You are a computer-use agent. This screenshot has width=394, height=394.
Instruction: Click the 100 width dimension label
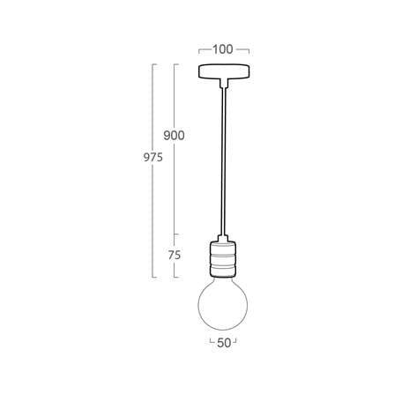pos(223,49)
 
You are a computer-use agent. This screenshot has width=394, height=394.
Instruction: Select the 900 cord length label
pos(174,136)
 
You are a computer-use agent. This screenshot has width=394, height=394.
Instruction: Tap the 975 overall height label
pos(153,158)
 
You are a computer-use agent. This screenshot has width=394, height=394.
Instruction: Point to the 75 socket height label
pos(175,256)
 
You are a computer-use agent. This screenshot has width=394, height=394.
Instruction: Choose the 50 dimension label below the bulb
pos(224,343)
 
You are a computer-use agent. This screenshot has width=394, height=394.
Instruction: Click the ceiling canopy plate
pos(224,71)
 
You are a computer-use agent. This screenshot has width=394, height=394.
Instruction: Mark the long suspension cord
pos(224,161)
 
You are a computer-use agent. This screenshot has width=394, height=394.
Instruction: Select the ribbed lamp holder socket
pos(223,258)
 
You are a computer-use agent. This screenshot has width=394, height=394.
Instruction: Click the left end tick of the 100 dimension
pos(199,51)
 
